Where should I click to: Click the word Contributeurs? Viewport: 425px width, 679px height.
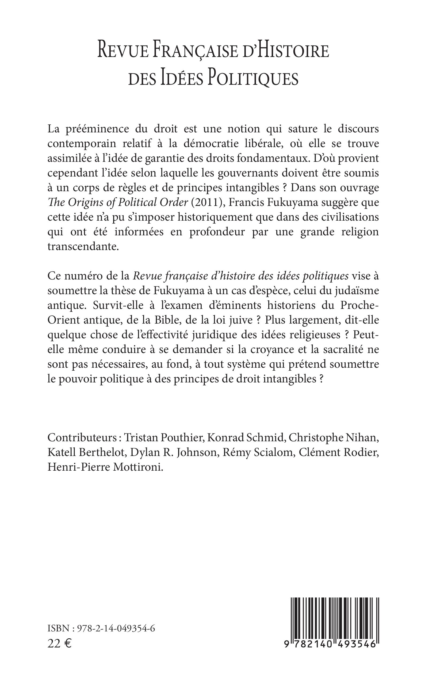[84, 438]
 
